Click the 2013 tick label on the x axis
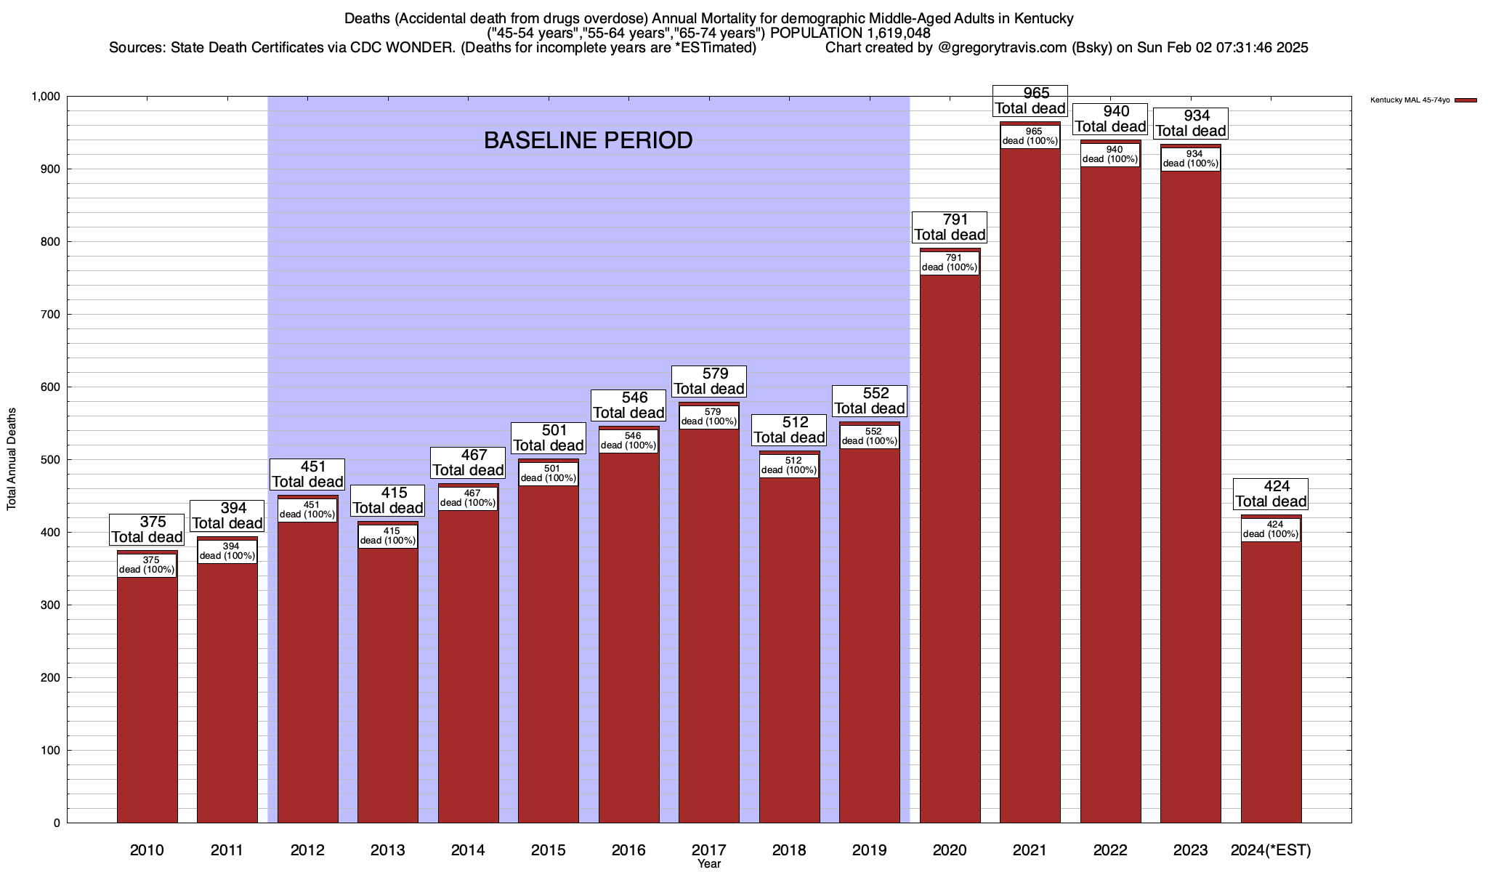(x=387, y=849)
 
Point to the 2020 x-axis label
(x=950, y=849)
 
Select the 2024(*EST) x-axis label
(x=1271, y=849)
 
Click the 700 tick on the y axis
(x=51, y=315)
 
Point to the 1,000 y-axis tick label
(x=45, y=97)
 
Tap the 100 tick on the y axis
(x=51, y=751)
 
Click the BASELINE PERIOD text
(x=588, y=140)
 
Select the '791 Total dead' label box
(x=950, y=227)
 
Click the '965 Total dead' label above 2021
(x=1030, y=101)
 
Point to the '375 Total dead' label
(x=147, y=529)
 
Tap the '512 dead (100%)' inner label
(x=789, y=465)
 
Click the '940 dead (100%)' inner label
(x=1110, y=155)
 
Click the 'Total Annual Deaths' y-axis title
(x=12, y=459)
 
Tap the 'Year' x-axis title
(x=709, y=863)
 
